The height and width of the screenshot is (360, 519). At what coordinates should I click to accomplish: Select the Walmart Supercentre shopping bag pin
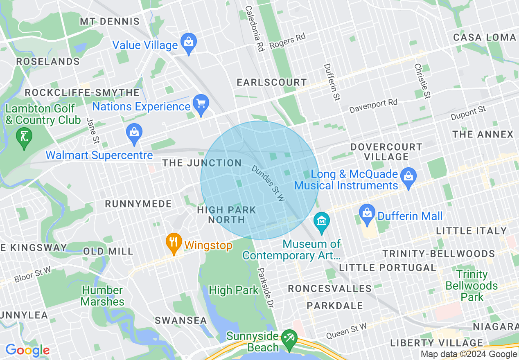[x=134, y=133]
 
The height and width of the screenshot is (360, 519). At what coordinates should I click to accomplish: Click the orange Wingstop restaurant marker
[x=174, y=243]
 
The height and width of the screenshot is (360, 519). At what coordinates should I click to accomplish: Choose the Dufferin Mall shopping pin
[x=368, y=214]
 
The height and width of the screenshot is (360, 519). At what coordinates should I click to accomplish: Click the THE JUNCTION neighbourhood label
[x=202, y=163]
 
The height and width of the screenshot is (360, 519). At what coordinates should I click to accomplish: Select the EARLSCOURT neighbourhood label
[x=272, y=82]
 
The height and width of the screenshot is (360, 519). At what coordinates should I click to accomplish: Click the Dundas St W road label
[x=268, y=183]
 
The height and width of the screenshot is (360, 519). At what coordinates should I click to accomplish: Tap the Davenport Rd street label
[x=373, y=106]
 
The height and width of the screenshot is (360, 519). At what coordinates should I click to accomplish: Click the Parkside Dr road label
[x=266, y=288]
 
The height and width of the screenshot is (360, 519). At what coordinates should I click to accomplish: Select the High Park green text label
[x=234, y=290]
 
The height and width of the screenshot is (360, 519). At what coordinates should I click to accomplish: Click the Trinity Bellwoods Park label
[x=472, y=286]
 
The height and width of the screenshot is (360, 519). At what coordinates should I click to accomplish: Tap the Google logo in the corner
[x=27, y=351]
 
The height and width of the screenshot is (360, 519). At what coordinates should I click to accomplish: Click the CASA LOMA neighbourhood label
[x=484, y=38]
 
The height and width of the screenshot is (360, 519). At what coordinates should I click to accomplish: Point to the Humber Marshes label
[x=102, y=296]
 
